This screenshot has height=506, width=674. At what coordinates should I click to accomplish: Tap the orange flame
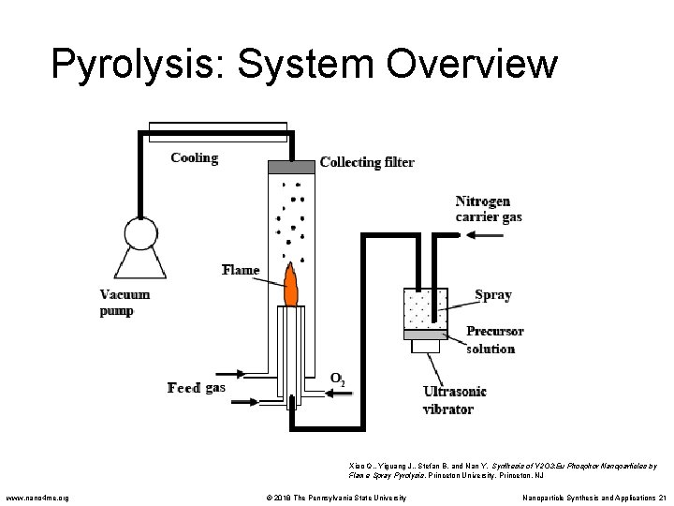click(x=291, y=287)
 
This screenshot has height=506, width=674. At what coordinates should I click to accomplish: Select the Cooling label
click(x=194, y=158)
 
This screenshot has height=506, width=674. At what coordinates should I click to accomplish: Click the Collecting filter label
click(x=367, y=162)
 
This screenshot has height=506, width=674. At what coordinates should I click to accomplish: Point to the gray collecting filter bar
click(x=291, y=167)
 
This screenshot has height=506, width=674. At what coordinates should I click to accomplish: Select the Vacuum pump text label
click(x=125, y=302)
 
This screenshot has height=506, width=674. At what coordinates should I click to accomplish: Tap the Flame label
click(x=241, y=271)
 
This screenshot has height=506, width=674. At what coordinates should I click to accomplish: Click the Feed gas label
click(x=196, y=387)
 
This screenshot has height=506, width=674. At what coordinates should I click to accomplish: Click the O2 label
click(x=337, y=379)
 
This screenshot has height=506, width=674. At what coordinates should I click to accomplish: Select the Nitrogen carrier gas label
click(x=489, y=209)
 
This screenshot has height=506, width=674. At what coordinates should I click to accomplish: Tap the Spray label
click(x=493, y=294)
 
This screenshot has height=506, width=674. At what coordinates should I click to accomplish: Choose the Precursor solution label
click(x=494, y=339)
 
